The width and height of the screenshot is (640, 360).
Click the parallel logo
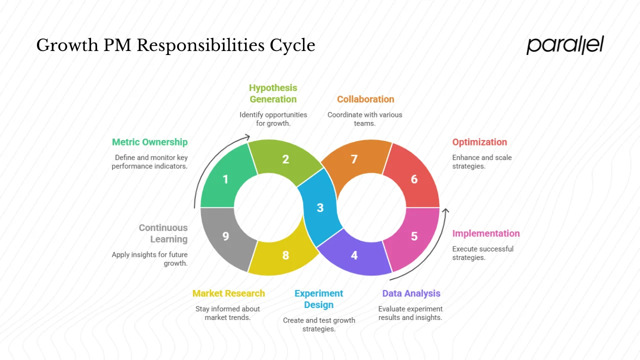point(565,45)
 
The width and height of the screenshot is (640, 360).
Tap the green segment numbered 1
point(225,178)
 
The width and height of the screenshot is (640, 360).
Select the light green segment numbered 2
point(285,159)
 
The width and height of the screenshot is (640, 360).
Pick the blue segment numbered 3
point(320,207)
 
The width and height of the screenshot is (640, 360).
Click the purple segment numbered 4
point(354,255)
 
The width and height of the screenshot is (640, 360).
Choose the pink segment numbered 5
point(414,236)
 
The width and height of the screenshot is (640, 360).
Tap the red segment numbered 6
point(414,178)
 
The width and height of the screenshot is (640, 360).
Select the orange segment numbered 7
point(354,159)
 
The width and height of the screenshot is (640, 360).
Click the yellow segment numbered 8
point(285,255)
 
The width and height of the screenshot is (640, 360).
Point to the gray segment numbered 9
point(225,236)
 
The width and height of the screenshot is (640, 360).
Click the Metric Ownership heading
point(149,142)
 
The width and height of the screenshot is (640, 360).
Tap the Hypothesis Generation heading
point(273,93)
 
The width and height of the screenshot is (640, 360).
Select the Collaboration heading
point(365,99)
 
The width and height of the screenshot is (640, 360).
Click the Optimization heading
point(479,142)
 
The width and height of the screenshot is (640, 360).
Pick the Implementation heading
point(486,233)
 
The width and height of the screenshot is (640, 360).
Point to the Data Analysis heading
point(411,293)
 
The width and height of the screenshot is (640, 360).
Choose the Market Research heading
point(228,293)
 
